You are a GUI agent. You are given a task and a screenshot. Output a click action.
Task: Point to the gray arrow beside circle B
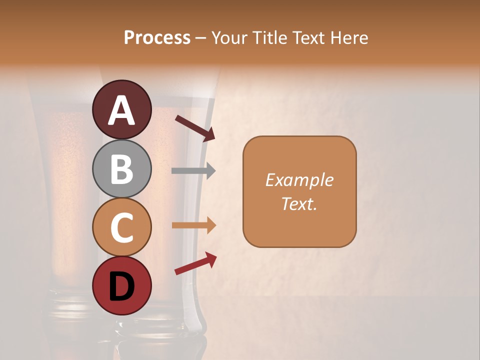(x=193, y=171)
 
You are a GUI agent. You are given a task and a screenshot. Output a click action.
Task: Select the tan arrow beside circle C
(x=193, y=225)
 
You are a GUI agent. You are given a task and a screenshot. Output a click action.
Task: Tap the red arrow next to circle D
(x=195, y=263)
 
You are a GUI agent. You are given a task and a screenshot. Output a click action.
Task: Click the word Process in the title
(x=157, y=38)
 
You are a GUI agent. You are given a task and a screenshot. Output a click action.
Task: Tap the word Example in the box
(x=299, y=180)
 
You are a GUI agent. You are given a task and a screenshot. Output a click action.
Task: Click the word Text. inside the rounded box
(x=299, y=203)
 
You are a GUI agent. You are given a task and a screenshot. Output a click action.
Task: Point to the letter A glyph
(x=122, y=110)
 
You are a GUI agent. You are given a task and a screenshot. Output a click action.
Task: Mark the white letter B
(x=122, y=169)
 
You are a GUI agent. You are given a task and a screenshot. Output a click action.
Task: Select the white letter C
(x=122, y=228)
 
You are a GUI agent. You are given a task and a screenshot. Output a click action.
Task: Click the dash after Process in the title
(x=201, y=38)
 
